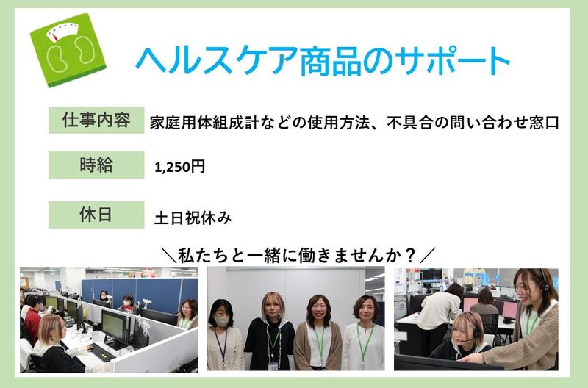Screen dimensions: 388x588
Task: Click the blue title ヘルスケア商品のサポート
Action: tap(323, 61)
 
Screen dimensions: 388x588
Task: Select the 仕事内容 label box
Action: tap(96, 121)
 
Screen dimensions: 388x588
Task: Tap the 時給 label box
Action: tap(96, 165)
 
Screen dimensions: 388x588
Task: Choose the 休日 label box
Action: tap(96, 215)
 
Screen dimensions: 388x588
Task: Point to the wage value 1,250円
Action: tap(180, 167)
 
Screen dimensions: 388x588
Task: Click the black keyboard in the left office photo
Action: tap(100, 353)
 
